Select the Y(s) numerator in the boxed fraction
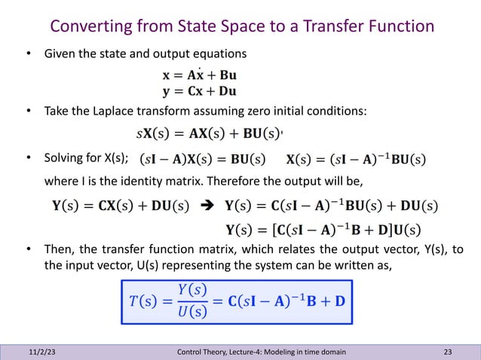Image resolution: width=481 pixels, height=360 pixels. (x=182, y=285)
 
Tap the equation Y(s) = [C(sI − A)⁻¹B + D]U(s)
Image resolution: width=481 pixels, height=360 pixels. (x=323, y=229)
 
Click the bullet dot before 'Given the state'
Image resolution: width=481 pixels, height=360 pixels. (x=29, y=54)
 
